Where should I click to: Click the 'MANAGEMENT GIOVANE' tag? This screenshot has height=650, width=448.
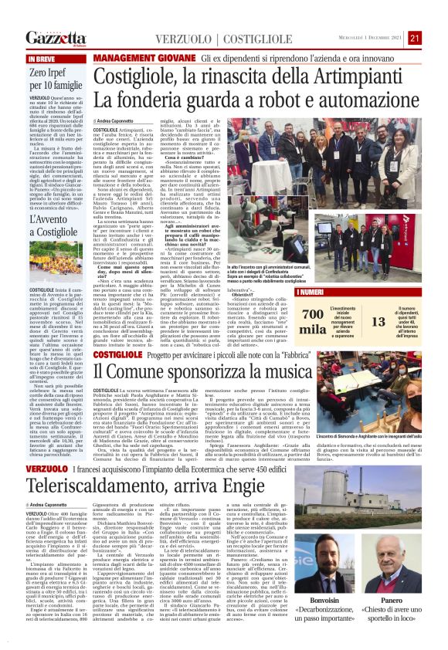pos(144,58)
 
